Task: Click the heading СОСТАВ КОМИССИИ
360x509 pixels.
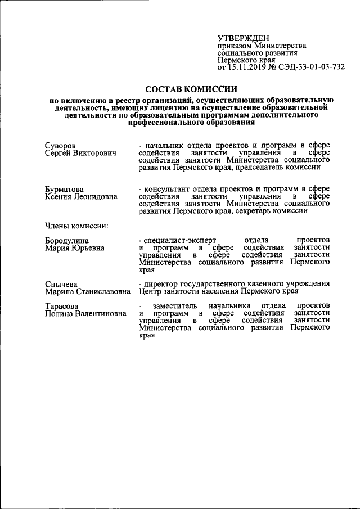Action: pos(191,89)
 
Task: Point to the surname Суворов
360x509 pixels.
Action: pos(61,146)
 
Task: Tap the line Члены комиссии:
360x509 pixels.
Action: pos(76,226)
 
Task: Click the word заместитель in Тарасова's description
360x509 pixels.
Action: pos(168,305)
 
